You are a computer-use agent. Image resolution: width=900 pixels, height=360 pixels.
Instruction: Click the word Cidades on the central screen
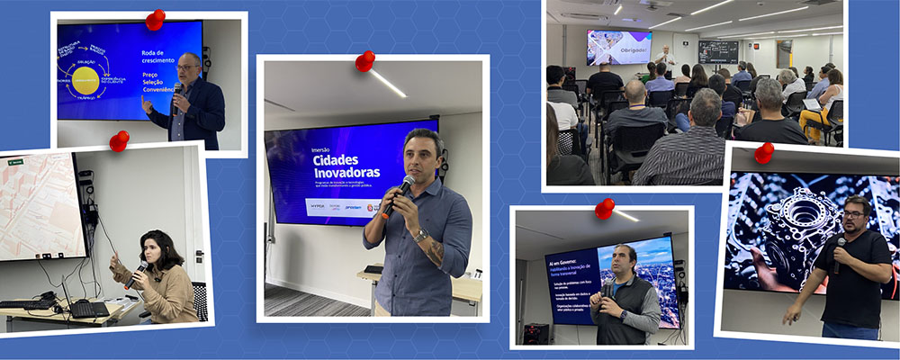coord(334,159)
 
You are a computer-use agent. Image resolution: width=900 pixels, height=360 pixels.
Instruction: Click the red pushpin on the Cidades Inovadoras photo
coord(364,61)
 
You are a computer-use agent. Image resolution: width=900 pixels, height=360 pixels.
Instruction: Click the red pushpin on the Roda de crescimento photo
coord(155,19)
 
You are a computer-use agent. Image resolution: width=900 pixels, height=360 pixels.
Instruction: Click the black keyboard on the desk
coord(89,309)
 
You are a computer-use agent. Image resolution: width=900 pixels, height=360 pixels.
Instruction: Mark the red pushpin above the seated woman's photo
coord(119,140)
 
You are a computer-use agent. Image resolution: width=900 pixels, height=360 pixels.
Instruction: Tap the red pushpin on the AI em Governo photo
coord(604,209)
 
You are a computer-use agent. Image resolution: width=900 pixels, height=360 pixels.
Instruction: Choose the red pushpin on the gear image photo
coord(764,152)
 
